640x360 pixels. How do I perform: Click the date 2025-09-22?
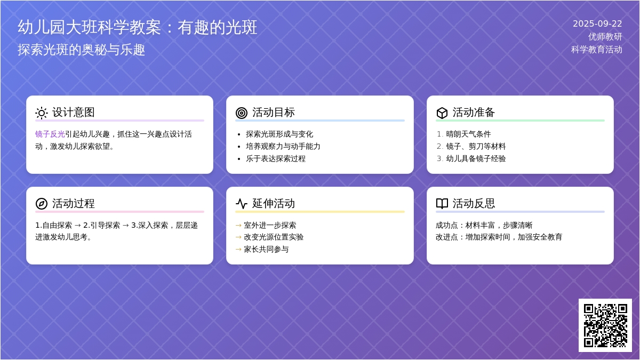597,23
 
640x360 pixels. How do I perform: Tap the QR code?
605,325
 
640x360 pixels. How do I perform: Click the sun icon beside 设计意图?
42,113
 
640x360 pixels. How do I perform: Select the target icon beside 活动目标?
242,113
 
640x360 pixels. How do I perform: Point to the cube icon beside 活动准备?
442,113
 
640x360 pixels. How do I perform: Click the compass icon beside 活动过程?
42,204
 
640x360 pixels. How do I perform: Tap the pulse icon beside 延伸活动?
242,204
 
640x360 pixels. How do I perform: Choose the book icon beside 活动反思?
442,204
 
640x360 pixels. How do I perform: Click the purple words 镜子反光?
50,134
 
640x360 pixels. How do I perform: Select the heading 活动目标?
274,113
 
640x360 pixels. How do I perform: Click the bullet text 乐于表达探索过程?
276,158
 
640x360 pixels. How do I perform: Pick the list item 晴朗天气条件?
469,134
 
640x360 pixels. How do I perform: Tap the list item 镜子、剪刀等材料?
476,146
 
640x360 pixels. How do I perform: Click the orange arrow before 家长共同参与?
238,250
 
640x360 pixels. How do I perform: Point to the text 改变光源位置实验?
274,237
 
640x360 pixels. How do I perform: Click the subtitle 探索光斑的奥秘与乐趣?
82,50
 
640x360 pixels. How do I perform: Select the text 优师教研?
605,37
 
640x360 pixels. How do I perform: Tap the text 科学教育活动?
597,50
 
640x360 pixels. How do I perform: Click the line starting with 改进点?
499,237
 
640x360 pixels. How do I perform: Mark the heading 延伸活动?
274,203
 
